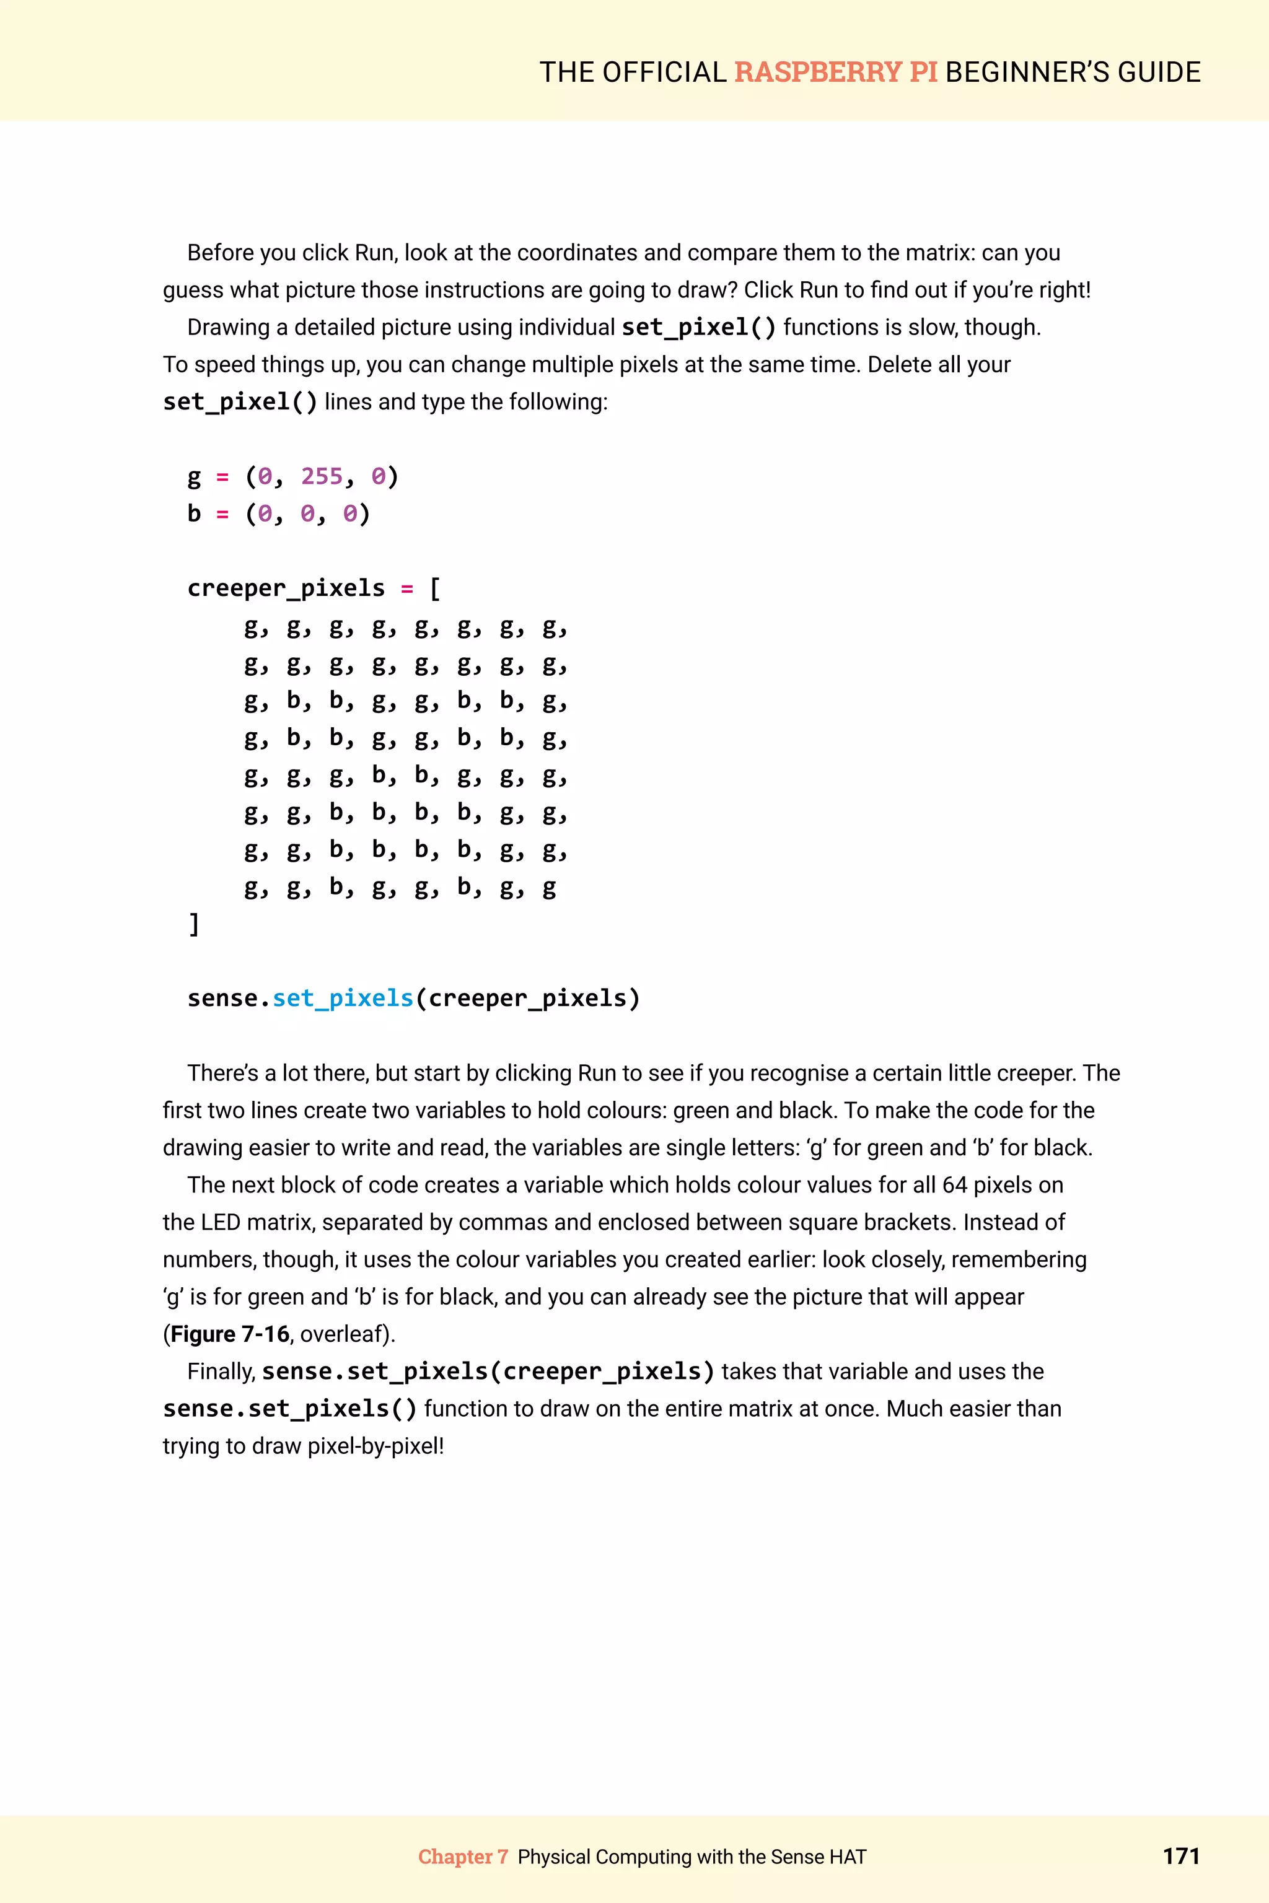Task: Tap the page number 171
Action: coord(1181,1855)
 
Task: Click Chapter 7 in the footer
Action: coord(462,1857)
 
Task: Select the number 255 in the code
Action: coord(322,476)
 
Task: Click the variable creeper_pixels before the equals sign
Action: coord(286,588)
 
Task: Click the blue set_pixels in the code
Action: coord(342,999)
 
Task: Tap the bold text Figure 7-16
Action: coord(230,1334)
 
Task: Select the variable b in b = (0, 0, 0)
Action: coord(194,514)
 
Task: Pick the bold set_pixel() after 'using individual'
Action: coord(698,328)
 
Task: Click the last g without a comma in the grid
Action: coord(549,888)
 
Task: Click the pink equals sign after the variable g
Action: coord(222,478)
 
